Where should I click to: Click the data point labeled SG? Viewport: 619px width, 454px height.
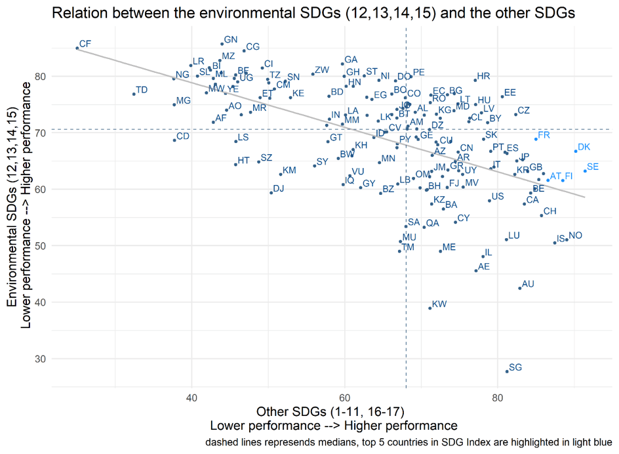click(x=507, y=371)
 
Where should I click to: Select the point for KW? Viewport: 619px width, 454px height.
click(x=430, y=308)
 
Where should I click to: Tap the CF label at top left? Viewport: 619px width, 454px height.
click(x=85, y=44)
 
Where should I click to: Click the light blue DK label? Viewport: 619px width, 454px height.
click(x=584, y=148)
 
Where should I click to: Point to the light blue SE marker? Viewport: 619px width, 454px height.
click(x=585, y=171)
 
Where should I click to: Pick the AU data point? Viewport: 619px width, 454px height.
click(x=520, y=288)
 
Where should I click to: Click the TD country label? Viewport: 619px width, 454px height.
click(x=142, y=90)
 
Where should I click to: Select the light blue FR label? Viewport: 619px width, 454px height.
click(x=544, y=134)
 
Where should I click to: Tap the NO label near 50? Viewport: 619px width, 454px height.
click(x=575, y=236)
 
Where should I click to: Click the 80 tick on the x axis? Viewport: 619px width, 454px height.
click(x=498, y=398)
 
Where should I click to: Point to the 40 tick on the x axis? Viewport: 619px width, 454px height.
click(x=192, y=398)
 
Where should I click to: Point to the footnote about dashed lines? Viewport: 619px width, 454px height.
click(x=409, y=443)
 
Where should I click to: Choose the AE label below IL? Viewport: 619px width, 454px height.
click(x=484, y=267)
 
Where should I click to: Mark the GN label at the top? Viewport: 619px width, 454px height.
click(x=231, y=40)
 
